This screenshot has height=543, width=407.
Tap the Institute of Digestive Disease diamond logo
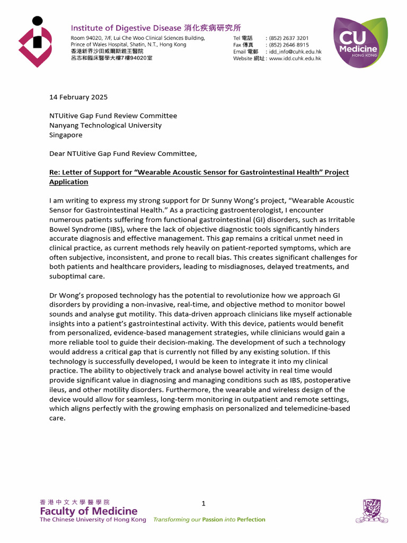pos(36,42)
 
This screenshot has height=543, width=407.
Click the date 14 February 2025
pos(78,97)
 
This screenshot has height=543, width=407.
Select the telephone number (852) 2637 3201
pos(289,38)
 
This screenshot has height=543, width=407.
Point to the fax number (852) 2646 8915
pos(289,45)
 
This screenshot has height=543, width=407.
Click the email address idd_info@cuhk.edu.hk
pos(295,52)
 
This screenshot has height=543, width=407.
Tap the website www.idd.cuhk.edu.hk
pos(295,59)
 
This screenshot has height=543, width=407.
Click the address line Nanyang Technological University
pos(105,126)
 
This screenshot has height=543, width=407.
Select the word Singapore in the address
pos(66,135)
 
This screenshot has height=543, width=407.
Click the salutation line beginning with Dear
pos(122,154)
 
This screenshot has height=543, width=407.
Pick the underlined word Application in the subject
pos(68,182)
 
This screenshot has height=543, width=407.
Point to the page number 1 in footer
pos(203,503)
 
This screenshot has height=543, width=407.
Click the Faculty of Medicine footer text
pos(89,512)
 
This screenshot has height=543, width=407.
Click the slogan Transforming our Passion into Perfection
pos(209,520)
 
